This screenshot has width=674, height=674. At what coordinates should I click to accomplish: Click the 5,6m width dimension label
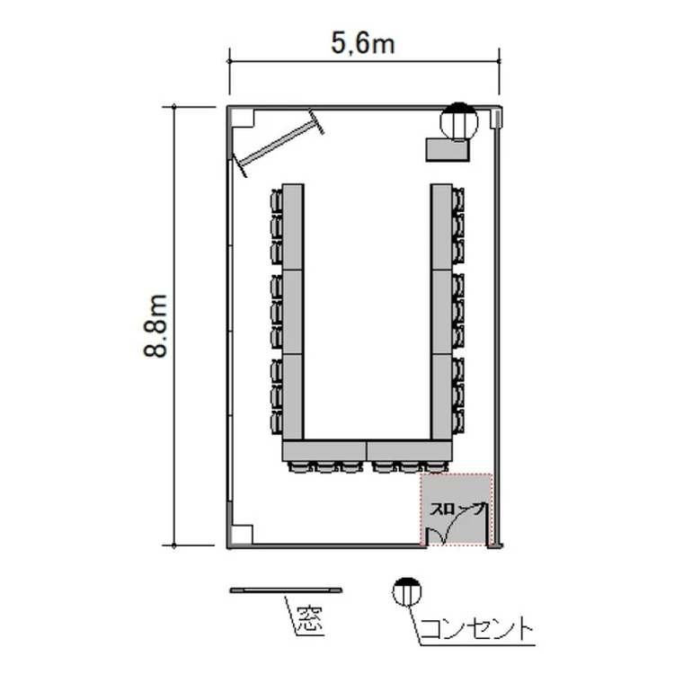pyautogui.click(x=362, y=44)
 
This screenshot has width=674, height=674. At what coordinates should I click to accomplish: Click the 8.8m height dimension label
pyautogui.click(x=155, y=326)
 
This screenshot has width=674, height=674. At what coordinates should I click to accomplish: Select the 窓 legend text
pyautogui.click(x=310, y=619)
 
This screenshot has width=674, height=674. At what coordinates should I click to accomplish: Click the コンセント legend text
pyautogui.click(x=476, y=629)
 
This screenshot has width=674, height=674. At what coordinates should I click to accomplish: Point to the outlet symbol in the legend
pyautogui.click(x=406, y=592)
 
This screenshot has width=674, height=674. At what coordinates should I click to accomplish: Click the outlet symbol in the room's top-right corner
pyautogui.click(x=459, y=121)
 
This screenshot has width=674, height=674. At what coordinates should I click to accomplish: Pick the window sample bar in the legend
pyautogui.click(x=286, y=590)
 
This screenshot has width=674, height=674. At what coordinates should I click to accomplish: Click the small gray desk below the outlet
pyautogui.click(x=447, y=149)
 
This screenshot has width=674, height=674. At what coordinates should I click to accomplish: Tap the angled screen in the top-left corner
pyautogui.click(x=279, y=143)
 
